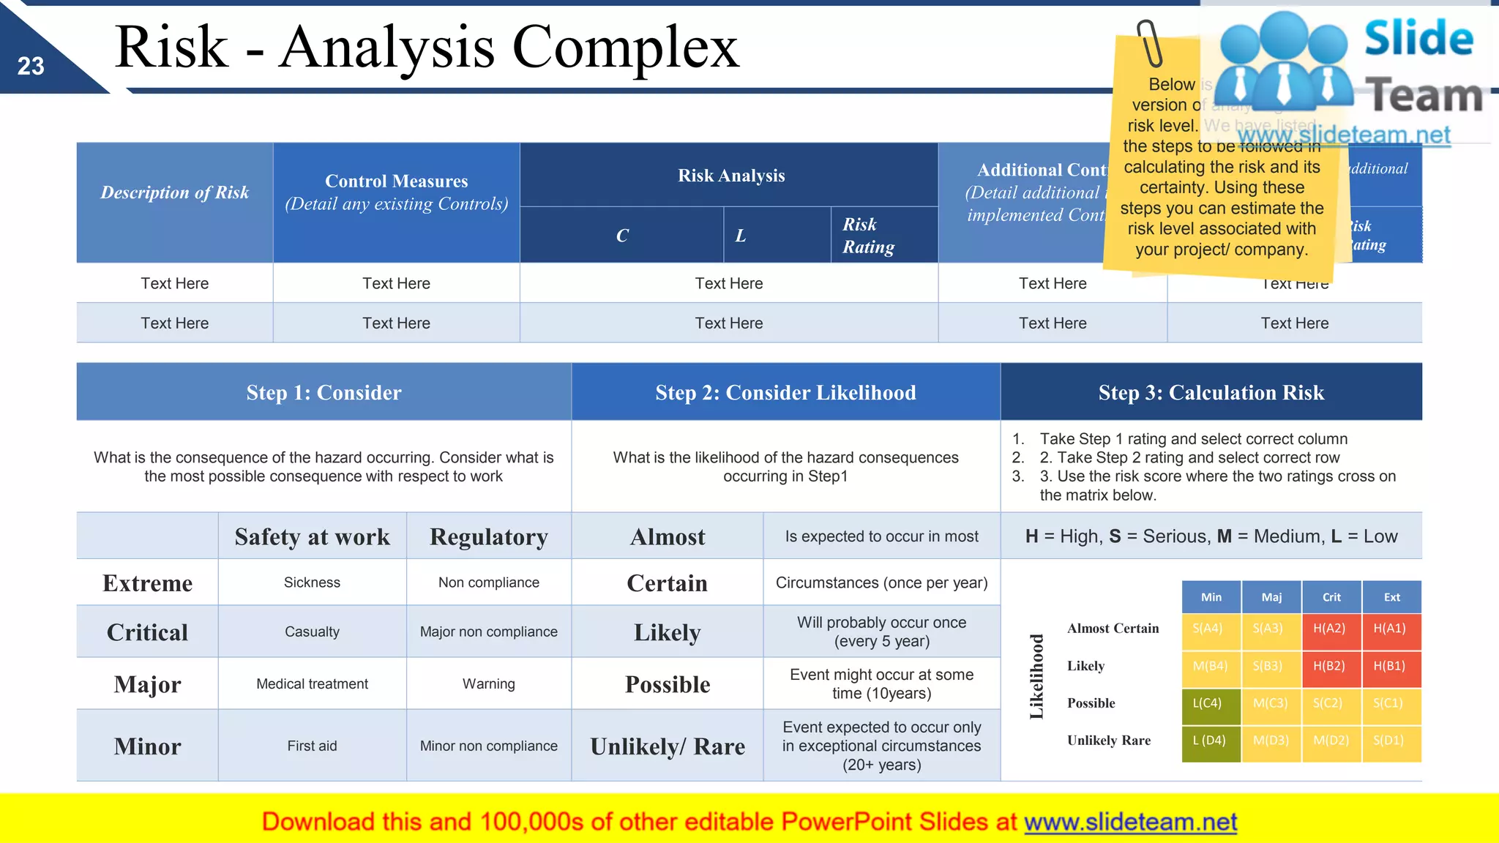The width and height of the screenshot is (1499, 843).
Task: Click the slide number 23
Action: coord(31,67)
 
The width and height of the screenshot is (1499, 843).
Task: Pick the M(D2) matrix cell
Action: coord(1331,741)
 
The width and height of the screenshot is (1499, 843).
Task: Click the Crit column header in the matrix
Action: coord(1331,597)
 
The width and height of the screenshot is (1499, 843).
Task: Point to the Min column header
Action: coord(1211,597)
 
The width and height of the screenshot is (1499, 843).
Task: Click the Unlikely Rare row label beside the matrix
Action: coord(1108,741)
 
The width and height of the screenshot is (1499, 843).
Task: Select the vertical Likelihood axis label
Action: coord(1036,677)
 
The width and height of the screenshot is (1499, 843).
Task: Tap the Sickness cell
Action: coord(312,582)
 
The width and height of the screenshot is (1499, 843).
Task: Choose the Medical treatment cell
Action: coord(312,684)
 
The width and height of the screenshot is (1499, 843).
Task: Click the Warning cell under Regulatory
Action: coord(488,684)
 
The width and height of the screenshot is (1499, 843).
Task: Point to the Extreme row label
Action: coord(147,583)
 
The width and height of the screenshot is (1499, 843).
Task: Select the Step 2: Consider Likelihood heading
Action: coord(785,393)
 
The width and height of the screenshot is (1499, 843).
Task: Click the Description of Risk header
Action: coord(174,192)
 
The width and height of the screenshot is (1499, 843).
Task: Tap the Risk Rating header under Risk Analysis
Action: coord(868,236)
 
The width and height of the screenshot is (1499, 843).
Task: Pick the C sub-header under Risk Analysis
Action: coord(622,236)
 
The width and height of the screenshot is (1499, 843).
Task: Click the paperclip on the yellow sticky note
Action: coord(1150,44)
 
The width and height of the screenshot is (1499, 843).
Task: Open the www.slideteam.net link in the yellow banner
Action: coord(1130,823)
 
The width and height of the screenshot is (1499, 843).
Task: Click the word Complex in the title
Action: coord(625,48)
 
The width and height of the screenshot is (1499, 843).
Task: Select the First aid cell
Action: coord(312,746)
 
